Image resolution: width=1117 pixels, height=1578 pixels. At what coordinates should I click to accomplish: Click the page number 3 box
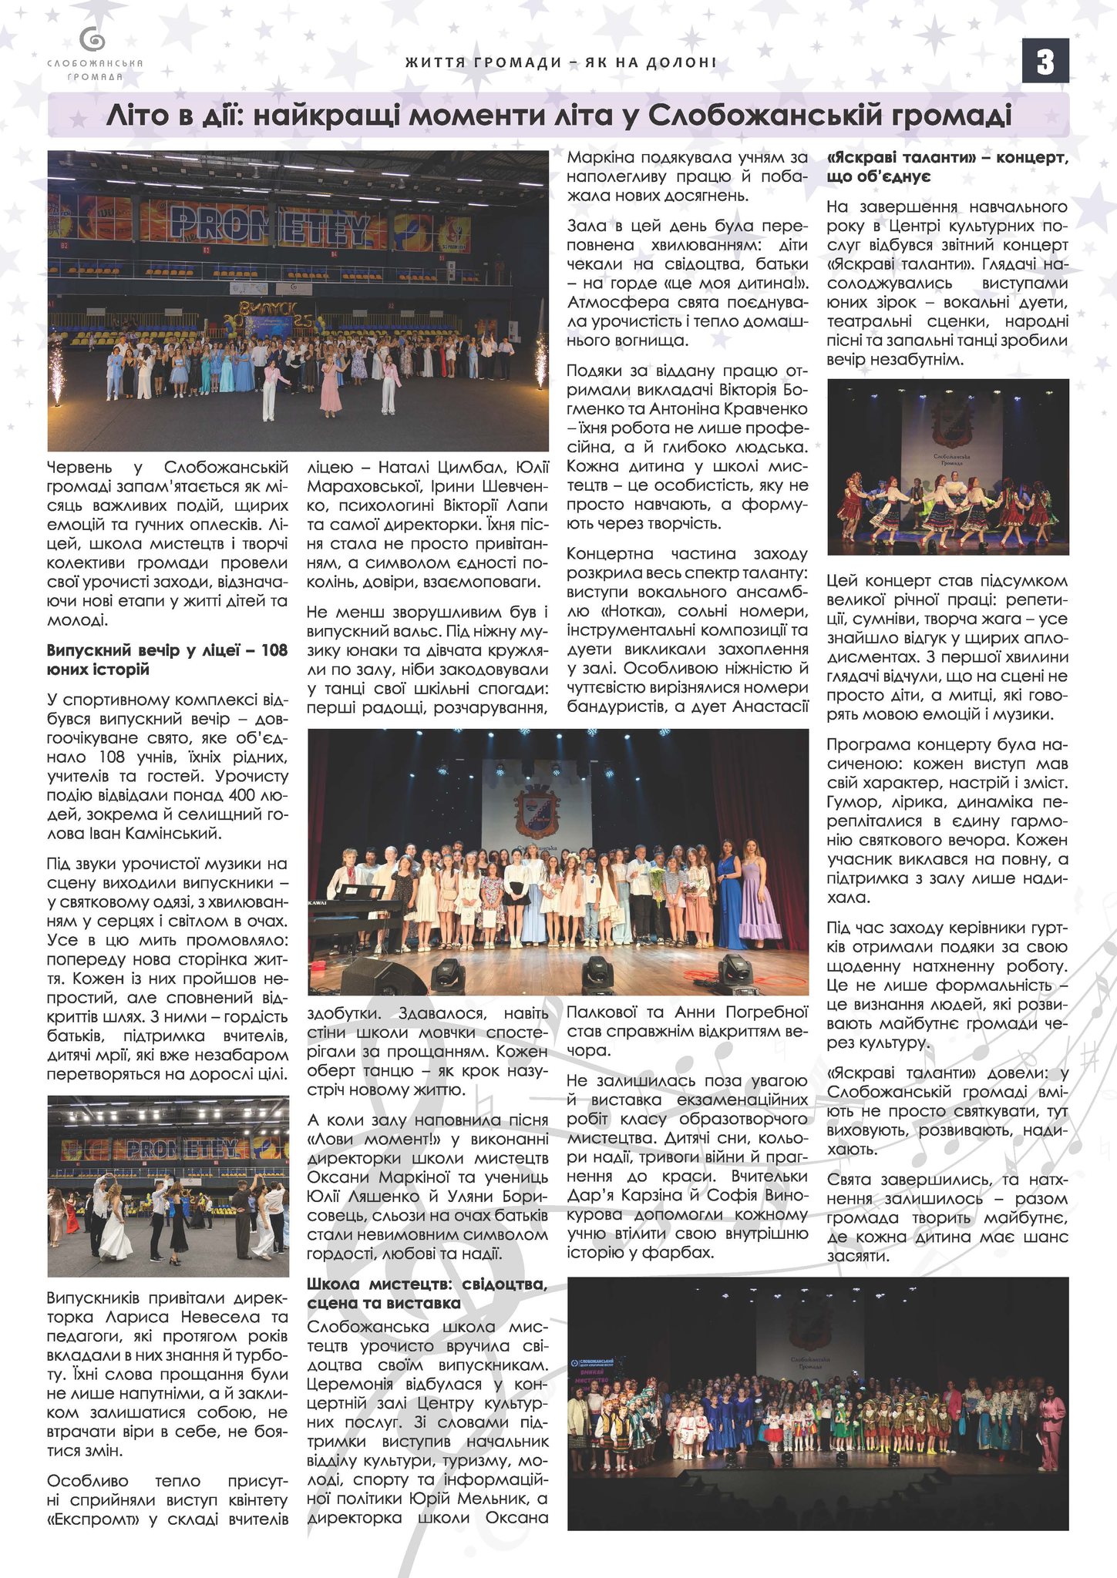pyautogui.click(x=1045, y=62)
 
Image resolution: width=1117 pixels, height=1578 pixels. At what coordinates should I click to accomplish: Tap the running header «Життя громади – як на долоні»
pyautogui.click(x=560, y=62)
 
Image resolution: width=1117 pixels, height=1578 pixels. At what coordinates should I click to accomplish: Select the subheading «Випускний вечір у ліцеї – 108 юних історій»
pyautogui.click(x=167, y=660)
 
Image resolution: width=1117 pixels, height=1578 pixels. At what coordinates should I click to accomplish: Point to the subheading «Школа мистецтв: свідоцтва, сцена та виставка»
pyautogui.click(x=427, y=1293)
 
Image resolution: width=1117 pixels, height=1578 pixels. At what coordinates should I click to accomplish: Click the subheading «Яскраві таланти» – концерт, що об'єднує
pyautogui.click(x=947, y=167)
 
